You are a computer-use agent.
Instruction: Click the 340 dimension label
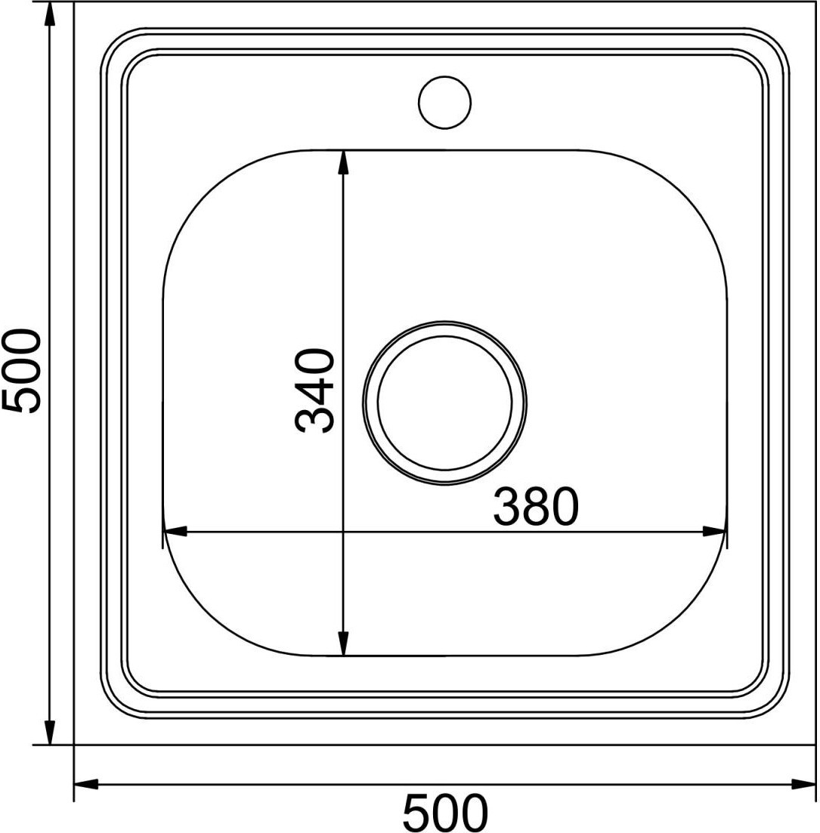click(x=315, y=390)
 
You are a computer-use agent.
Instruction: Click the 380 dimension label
click(x=535, y=506)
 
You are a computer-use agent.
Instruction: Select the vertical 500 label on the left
click(x=21, y=371)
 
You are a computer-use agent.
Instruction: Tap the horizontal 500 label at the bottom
click(x=444, y=813)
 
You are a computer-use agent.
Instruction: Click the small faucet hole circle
click(x=444, y=102)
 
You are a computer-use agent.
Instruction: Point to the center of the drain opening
click(x=444, y=403)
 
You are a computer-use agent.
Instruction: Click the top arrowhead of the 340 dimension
click(x=344, y=162)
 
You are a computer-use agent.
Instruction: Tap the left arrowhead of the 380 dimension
click(x=175, y=531)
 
